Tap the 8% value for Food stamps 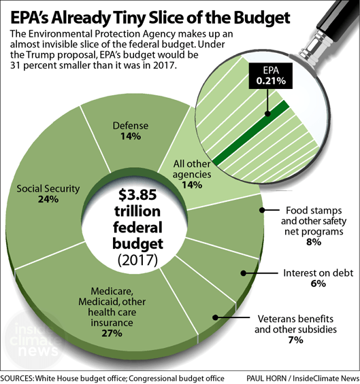(304, 242)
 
